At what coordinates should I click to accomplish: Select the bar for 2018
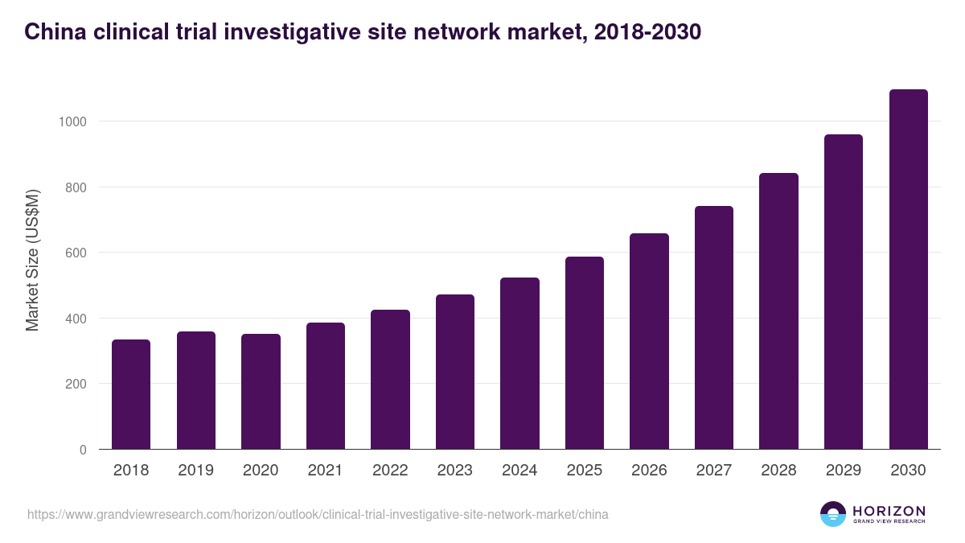131,394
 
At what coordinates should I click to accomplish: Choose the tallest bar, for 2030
908,269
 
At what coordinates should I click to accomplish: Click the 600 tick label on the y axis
75,253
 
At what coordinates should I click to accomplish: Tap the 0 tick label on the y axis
82,450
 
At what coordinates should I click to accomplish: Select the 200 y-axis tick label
75,384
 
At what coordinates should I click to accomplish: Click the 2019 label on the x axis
195,471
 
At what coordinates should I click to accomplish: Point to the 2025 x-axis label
584,471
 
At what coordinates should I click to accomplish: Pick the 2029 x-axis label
843,471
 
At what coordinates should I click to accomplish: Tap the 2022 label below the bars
390,471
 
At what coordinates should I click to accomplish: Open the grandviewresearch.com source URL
318,514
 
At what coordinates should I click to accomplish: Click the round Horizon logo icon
833,514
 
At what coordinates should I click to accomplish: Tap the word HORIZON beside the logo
889,510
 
